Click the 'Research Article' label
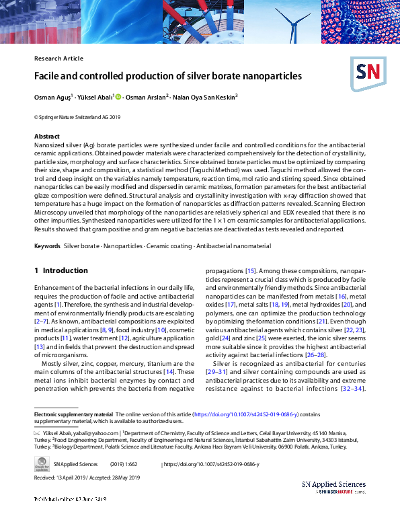pos(58,59)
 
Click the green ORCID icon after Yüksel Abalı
pos(118,97)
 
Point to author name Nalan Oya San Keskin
pos(204,97)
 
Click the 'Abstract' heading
pos(46,136)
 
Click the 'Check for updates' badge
pos(41,464)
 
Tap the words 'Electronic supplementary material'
pos(73,415)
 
